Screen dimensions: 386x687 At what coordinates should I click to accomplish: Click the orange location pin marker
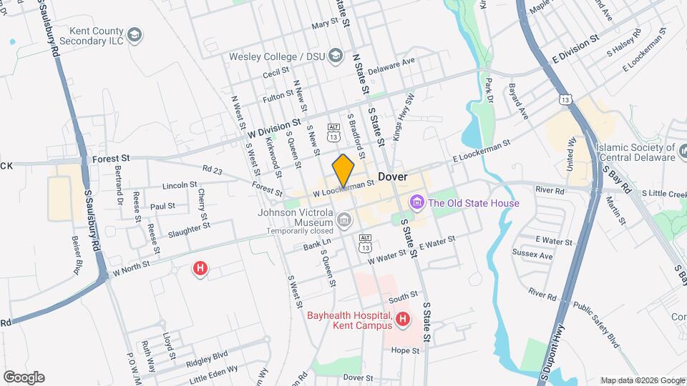coord(343,170)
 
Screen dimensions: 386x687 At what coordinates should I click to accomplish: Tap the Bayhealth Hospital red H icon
coord(403,319)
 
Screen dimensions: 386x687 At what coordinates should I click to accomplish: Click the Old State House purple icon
coord(416,204)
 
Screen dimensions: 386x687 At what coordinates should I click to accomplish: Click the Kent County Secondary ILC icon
coord(134,34)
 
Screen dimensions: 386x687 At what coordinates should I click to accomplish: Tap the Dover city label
coord(392,177)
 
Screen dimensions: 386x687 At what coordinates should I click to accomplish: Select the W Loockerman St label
coord(343,188)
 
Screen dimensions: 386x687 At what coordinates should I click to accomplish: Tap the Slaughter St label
coord(189,227)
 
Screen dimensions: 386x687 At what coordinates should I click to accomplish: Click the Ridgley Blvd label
coord(208,354)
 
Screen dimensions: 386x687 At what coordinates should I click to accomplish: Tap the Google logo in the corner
coord(24,377)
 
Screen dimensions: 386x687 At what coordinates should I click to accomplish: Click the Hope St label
coord(405,350)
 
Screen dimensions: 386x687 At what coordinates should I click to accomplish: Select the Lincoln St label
coord(179,185)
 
